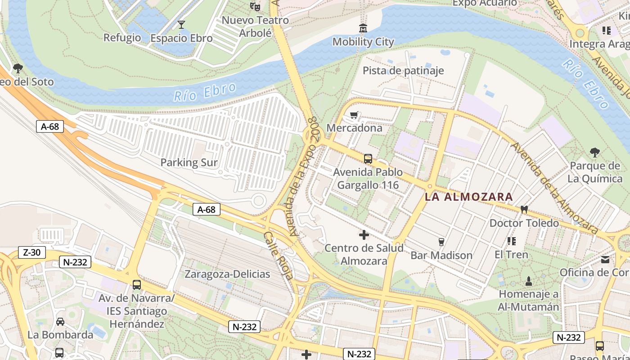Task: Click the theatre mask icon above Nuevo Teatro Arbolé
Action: coord(255,6)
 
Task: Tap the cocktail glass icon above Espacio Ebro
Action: coord(181,24)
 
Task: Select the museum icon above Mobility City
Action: coord(363,28)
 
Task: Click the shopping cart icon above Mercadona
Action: coord(354,115)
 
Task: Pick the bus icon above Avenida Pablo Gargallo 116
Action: coord(368,158)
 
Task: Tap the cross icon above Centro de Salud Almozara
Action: coord(364,234)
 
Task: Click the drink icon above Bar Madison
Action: coord(441,242)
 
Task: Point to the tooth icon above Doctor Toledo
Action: coord(524,209)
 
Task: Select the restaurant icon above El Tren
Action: coord(511,241)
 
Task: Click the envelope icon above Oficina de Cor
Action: coord(605,259)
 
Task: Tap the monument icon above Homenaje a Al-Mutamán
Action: coord(529,281)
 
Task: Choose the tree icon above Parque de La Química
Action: coord(594,152)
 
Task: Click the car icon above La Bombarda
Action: coord(60,321)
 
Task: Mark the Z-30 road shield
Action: coord(31,252)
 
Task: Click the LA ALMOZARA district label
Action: coord(469,197)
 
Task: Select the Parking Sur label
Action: coord(189,162)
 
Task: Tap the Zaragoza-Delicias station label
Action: coord(227,274)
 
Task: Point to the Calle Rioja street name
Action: coord(277,256)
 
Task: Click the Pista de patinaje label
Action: coord(403,71)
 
